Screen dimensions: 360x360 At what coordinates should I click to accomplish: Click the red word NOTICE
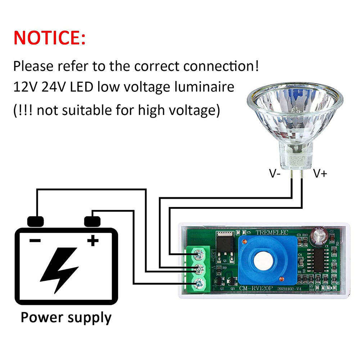click(x=50, y=38)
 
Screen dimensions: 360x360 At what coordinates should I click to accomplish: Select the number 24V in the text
click(x=53, y=87)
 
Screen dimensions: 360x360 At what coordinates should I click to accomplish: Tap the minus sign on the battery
click(x=35, y=240)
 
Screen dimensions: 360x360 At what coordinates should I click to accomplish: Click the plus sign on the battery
click(x=93, y=240)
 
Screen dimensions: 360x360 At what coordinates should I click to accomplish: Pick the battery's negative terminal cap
click(x=35, y=221)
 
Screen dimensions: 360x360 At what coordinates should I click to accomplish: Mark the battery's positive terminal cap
click(x=92, y=221)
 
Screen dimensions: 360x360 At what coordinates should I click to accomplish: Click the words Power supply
click(x=66, y=318)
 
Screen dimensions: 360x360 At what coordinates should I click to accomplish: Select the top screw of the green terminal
click(x=197, y=255)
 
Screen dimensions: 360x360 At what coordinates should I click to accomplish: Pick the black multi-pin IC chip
click(x=320, y=258)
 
